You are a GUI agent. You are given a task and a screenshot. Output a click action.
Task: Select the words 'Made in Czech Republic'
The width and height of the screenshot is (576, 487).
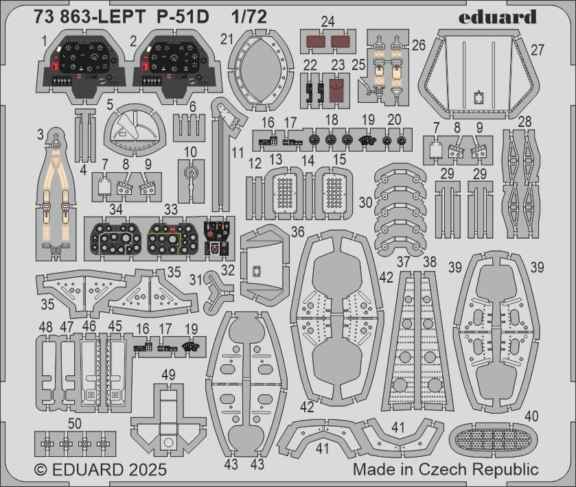[x=446, y=470]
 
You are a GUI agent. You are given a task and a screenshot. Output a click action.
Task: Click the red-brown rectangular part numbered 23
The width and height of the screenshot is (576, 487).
[x=337, y=90]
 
